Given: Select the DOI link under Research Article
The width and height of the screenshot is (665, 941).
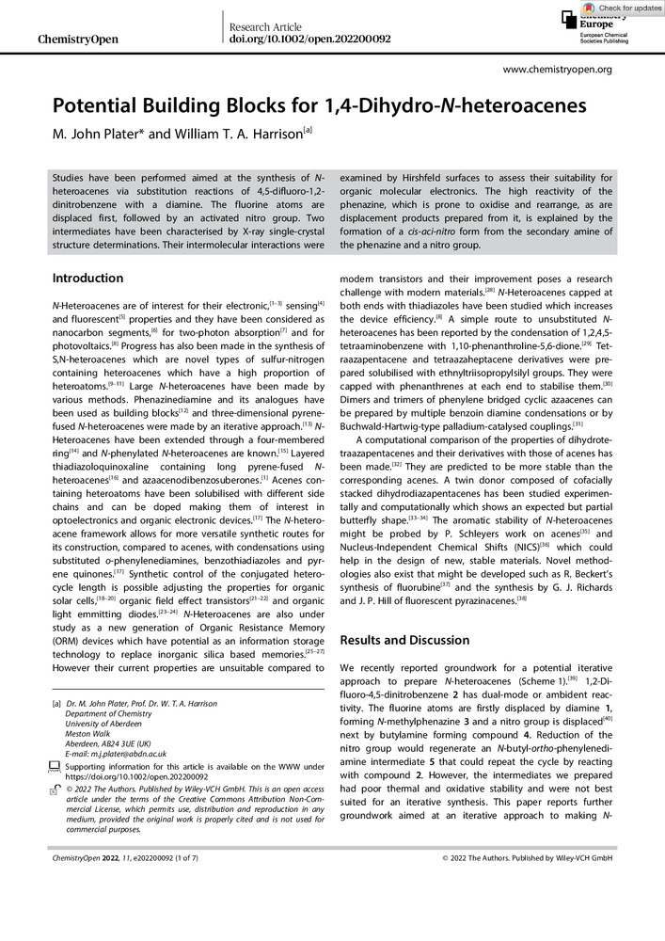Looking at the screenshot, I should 310,40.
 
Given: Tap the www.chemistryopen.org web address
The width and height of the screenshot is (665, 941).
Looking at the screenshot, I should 558,69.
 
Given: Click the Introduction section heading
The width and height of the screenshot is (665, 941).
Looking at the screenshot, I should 87,279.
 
